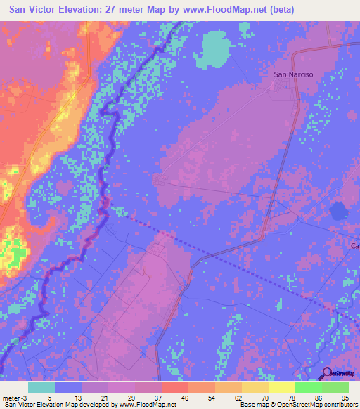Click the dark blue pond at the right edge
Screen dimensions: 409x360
click(340, 211)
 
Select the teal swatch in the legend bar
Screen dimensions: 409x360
click(41, 387)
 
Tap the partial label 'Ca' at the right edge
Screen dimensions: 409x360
click(355, 246)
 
